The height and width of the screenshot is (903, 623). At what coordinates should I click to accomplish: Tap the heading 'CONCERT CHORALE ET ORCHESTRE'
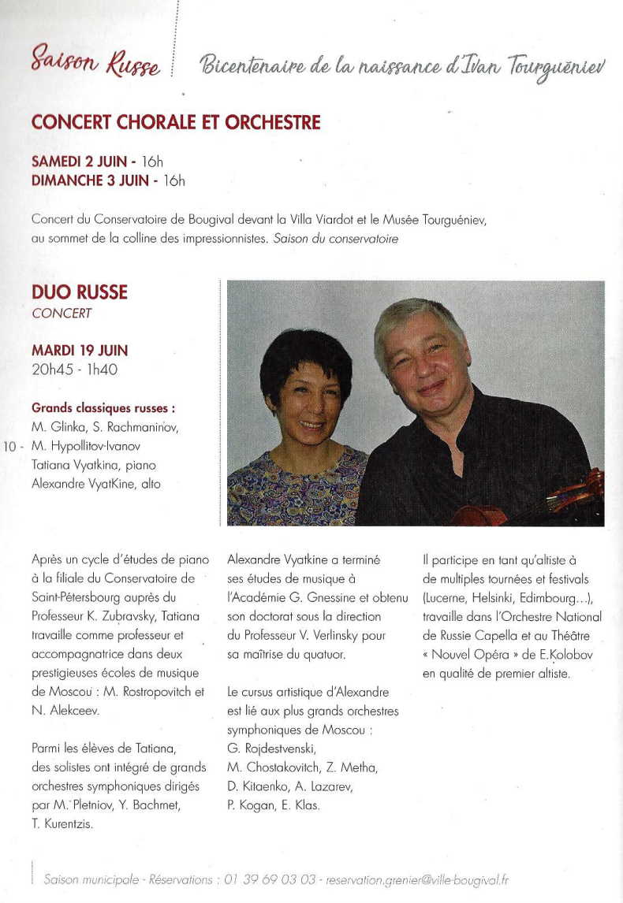pyautogui.click(x=176, y=123)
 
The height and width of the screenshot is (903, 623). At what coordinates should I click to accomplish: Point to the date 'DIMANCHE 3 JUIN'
pyautogui.click(x=90, y=180)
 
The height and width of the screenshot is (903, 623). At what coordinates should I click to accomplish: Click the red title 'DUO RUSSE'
pyautogui.click(x=80, y=292)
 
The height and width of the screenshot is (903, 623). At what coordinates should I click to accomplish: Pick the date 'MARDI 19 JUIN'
pyautogui.click(x=80, y=350)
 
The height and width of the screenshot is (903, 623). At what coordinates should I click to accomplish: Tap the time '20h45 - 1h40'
pyautogui.click(x=75, y=369)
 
